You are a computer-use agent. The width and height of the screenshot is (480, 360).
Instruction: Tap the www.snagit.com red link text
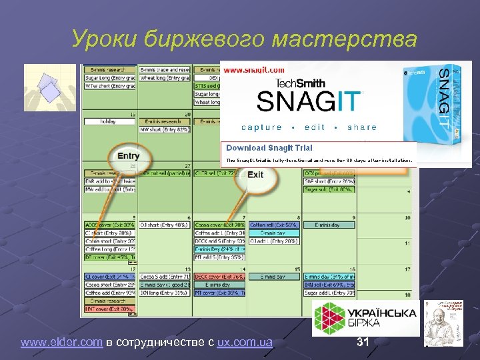coord(253,70)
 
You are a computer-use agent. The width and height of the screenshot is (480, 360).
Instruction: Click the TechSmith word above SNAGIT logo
coord(309,83)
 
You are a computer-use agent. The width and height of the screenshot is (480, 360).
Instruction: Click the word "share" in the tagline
coord(362,127)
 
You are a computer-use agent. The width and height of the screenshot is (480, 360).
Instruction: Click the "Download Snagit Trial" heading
coord(269,147)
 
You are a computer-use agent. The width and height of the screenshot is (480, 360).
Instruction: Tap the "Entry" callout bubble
coord(129,156)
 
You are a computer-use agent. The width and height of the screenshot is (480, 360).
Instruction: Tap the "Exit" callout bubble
coord(255,175)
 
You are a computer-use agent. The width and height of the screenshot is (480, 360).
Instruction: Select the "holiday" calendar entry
coord(107,122)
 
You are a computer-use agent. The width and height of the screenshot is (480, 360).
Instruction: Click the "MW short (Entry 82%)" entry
coord(163,129)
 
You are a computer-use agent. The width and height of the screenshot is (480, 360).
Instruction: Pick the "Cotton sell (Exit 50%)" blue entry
coord(273,225)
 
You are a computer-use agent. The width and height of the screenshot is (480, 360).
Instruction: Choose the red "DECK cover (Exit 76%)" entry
coord(220,277)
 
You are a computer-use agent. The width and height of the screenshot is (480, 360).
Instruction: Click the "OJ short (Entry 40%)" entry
coord(163,225)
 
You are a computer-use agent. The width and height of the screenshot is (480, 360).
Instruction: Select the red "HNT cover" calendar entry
coord(110,309)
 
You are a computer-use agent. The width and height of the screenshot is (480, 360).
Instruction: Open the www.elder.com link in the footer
coord(61,343)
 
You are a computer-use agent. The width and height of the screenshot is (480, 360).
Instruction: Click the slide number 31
coord(363,343)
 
